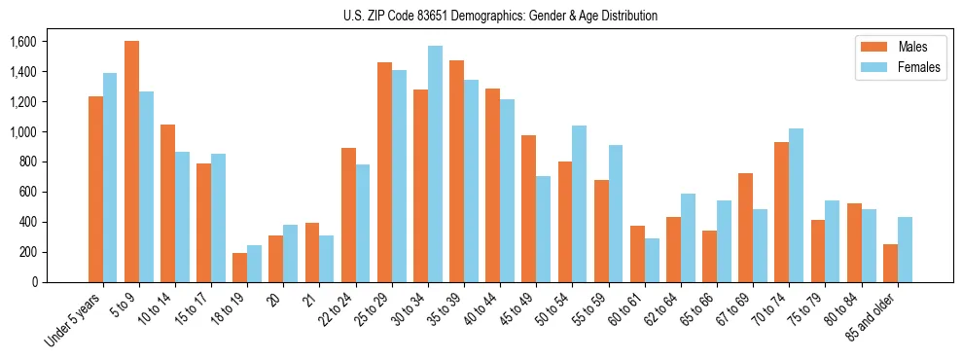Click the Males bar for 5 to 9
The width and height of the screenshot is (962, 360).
pyautogui.click(x=131, y=162)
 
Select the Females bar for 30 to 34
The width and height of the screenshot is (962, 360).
pyautogui.click(x=435, y=163)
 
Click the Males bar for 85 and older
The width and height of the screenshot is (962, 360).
pyautogui.click(x=890, y=263)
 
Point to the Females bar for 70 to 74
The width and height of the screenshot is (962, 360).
pyautogui.click(x=796, y=205)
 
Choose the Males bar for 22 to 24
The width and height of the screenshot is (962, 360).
pyautogui.click(x=348, y=215)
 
